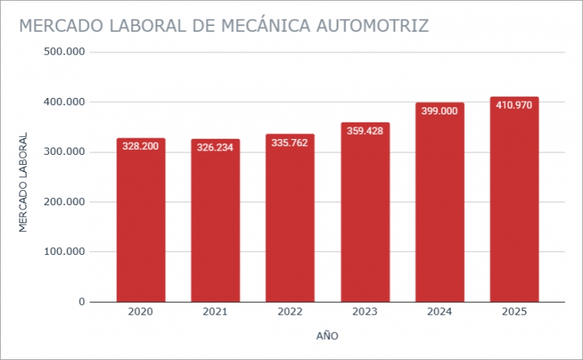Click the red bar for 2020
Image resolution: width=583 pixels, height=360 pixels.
141,223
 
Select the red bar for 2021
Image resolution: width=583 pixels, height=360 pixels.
215,223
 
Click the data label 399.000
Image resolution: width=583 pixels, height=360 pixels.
439,111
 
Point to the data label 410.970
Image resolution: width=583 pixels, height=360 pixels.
514,105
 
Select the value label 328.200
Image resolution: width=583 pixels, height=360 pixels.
141,146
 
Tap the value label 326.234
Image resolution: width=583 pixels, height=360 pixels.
215,148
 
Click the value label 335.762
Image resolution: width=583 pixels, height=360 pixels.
290,143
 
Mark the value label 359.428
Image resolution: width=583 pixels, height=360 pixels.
365,131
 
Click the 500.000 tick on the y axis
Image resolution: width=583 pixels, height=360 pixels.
65,52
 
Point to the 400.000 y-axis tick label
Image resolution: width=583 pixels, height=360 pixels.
65,102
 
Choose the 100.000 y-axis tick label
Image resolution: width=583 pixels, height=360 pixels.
65,252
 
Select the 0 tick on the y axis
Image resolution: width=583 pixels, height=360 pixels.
82,302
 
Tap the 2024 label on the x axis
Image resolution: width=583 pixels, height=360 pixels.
439,312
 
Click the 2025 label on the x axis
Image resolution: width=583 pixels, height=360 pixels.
514,312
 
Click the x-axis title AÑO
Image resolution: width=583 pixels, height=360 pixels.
327,336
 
